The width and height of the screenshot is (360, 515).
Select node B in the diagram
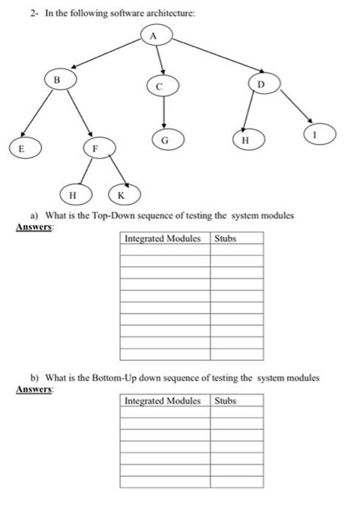pos(55,78)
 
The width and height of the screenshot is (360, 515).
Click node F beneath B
pos(96,147)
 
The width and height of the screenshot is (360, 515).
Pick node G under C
pos(163,139)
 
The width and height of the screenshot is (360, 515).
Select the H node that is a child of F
pos(73,195)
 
